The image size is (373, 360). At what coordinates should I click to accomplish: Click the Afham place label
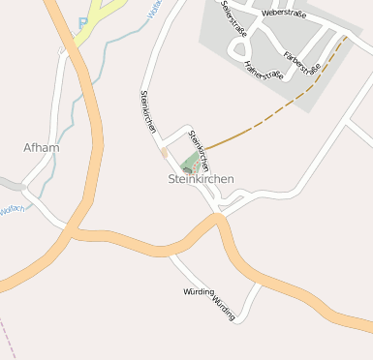tap(41, 148)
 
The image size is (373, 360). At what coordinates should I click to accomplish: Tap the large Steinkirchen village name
tap(201, 179)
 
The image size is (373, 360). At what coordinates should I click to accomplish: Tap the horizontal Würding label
tap(199, 290)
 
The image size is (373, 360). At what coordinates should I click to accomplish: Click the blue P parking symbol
tap(82, 21)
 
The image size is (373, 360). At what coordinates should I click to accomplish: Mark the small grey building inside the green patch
tap(187, 170)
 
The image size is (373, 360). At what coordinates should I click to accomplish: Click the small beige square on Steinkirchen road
tap(165, 152)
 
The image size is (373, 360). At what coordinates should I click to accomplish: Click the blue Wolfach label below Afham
tap(12, 208)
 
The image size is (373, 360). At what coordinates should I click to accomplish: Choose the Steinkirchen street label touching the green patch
tap(199, 150)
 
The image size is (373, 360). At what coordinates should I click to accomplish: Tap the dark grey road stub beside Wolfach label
tap(10, 184)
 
